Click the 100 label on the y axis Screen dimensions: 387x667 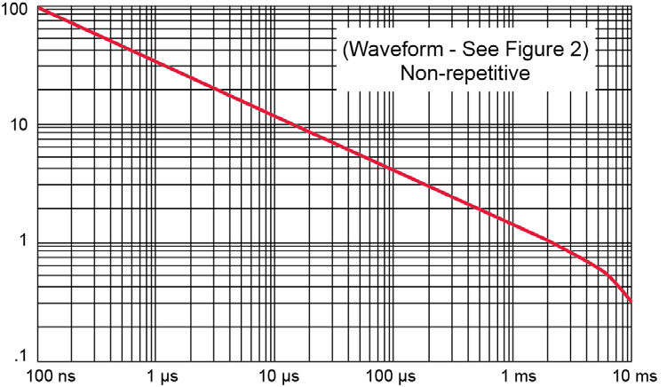(x=15, y=10)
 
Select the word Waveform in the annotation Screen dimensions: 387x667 (x=391, y=51)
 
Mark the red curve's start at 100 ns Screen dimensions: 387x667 (x=40, y=8)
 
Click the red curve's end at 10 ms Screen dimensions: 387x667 (x=631, y=302)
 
